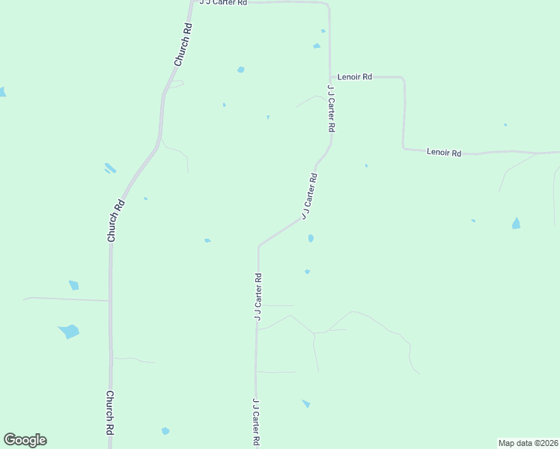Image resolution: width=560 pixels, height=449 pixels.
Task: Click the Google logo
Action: point(25,440)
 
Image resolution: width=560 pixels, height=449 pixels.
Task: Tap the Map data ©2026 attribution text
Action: point(528,442)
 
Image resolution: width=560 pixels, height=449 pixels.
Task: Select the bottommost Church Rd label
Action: point(109,413)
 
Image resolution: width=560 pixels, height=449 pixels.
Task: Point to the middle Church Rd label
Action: point(115,220)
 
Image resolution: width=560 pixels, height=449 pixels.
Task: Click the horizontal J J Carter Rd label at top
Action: point(222,3)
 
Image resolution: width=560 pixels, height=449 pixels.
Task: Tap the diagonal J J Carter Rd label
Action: point(310,196)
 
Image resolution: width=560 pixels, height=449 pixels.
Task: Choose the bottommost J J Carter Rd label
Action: point(256,421)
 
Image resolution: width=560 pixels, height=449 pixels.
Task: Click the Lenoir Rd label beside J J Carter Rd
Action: point(355,76)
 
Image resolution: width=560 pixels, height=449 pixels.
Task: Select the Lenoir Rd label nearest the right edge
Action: point(444,152)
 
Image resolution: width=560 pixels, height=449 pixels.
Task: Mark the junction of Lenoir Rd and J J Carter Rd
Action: point(330,76)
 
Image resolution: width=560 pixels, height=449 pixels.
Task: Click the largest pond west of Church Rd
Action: point(69,331)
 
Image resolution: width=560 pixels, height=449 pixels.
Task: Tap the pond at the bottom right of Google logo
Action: point(165,431)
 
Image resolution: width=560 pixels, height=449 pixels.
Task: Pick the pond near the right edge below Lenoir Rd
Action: point(516,223)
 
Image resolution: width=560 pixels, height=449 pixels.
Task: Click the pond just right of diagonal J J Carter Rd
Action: point(310,239)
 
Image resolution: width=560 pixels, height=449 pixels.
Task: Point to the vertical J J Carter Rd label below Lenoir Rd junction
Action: point(330,109)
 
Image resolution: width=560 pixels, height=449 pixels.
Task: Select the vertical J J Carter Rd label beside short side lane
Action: point(258,298)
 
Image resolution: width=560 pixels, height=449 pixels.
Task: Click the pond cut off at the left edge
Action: point(2,92)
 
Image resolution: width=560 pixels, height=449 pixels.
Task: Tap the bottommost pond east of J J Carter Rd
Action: point(305,403)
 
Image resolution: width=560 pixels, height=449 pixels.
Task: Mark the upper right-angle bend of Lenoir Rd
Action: point(403,78)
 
